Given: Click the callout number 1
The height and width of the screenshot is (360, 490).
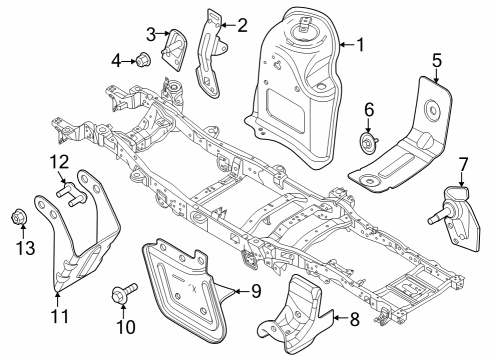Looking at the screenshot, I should (x=361, y=44).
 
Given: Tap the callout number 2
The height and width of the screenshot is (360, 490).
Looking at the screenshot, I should (x=241, y=23).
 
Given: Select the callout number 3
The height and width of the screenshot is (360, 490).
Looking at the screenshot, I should (x=151, y=33).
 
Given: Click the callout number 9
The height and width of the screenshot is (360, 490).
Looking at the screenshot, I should (x=255, y=292).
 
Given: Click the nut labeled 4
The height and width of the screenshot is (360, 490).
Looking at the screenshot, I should (x=143, y=59).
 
